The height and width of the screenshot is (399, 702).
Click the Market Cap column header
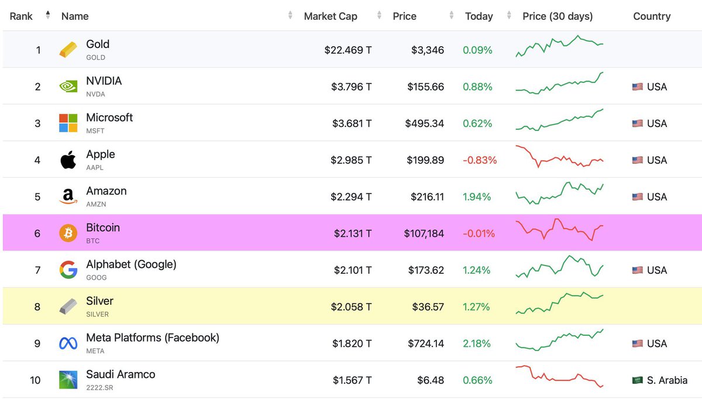[x=330, y=16]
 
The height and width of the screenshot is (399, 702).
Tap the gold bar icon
[x=68, y=50]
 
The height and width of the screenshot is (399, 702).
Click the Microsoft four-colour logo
[x=68, y=123]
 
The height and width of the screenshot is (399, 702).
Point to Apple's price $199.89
[x=425, y=160]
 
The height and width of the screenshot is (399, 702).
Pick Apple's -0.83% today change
[x=480, y=160]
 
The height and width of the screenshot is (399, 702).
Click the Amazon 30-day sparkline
[x=559, y=193]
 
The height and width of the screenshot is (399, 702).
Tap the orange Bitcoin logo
[x=68, y=233]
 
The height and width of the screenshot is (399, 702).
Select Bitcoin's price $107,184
[x=424, y=233]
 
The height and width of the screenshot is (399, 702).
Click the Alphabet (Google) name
[x=131, y=264]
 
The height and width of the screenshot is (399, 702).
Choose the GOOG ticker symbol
[x=97, y=277]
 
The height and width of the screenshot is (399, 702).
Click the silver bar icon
[x=68, y=307]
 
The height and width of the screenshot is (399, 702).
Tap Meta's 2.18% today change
[x=477, y=343]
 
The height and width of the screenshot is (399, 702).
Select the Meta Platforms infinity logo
[x=68, y=343]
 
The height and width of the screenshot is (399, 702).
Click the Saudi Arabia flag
[x=638, y=380]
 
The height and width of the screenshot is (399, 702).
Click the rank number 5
[x=37, y=197]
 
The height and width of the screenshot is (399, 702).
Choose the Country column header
[x=652, y=16]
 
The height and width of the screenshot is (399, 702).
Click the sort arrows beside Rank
[x=47, y=16]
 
